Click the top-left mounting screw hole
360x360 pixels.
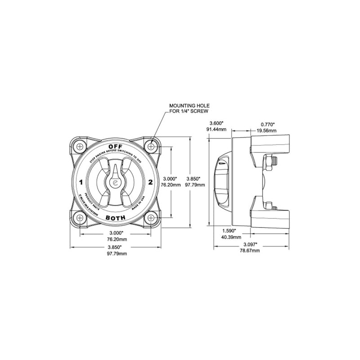click(80, 147)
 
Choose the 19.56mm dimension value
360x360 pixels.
click(269, 130)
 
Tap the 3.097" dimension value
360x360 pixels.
click(250, 244)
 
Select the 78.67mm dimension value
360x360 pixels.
click(250, 251)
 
